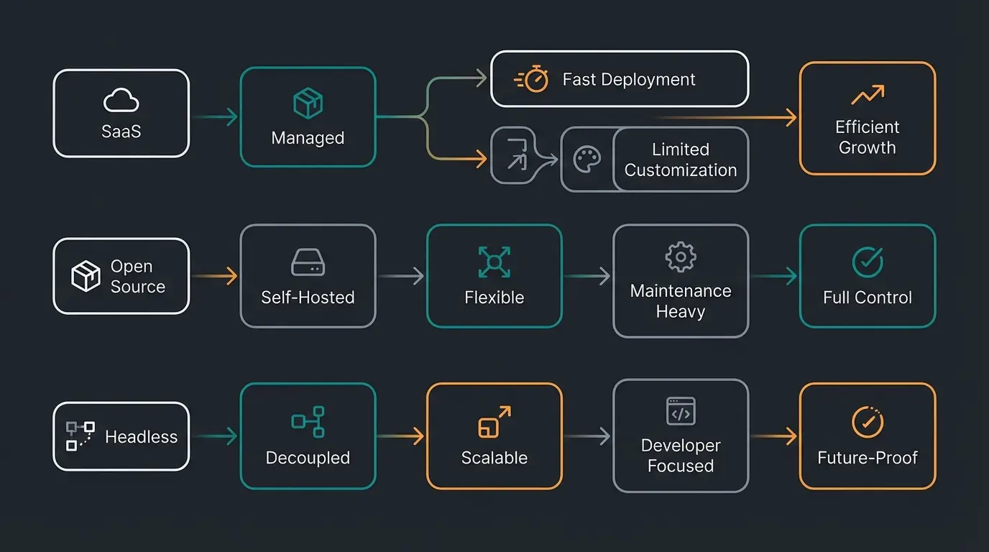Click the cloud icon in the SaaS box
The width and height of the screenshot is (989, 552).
tap(121, 101)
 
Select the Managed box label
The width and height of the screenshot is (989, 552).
tap(308, 138)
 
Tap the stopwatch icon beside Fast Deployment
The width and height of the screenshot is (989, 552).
tap(533, 79)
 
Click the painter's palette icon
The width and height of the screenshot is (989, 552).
tap(587, 160)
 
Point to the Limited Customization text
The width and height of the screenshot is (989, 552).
tap(680, 160)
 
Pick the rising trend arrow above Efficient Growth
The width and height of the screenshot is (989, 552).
tap(867, 94)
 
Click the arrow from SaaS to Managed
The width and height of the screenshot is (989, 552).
tap(215, 117)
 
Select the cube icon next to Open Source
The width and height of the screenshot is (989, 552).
tap(86, 276)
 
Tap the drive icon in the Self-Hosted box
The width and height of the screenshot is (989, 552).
tap(308, 262)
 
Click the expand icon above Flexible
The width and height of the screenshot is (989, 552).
tap(494, 262)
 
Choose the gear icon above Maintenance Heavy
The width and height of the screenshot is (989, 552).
tap(680, 257)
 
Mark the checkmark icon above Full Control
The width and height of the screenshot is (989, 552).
tap(867, 262)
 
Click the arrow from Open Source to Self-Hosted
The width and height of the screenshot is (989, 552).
tap(215, 276)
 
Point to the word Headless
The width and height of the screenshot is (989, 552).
tap(141, 436)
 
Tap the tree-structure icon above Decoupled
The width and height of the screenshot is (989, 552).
tap(308, 422)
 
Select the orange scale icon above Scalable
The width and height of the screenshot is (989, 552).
tap(494, 422)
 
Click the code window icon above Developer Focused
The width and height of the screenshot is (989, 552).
tap(680, 412)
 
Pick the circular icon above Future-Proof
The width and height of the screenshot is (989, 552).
tap(867, 422)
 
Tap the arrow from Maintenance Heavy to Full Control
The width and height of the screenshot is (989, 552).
tap(774, 276)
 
